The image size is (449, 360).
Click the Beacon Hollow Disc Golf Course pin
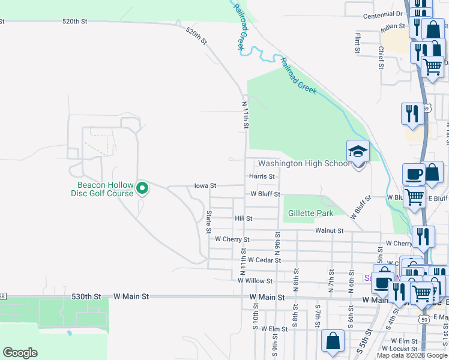tap(142, 189)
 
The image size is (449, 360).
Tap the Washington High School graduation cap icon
tap(358, 151)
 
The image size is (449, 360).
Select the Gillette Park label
tap(310, 213)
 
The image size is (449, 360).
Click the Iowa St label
tap(205, 186)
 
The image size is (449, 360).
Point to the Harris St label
tap(262, 176)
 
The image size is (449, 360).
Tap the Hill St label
tap(244, 219)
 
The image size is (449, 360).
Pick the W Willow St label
tap(255, 280)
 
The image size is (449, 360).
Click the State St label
tap(209, 221)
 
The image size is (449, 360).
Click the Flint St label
tap(357, 43)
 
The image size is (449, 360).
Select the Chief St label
tap(381, 58)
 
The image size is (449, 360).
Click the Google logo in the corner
tap(20, 353)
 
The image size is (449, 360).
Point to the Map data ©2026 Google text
tap(412, 355)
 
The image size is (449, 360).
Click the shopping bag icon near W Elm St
tap(333, 341)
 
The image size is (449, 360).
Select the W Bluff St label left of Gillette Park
tap(265, 194)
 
